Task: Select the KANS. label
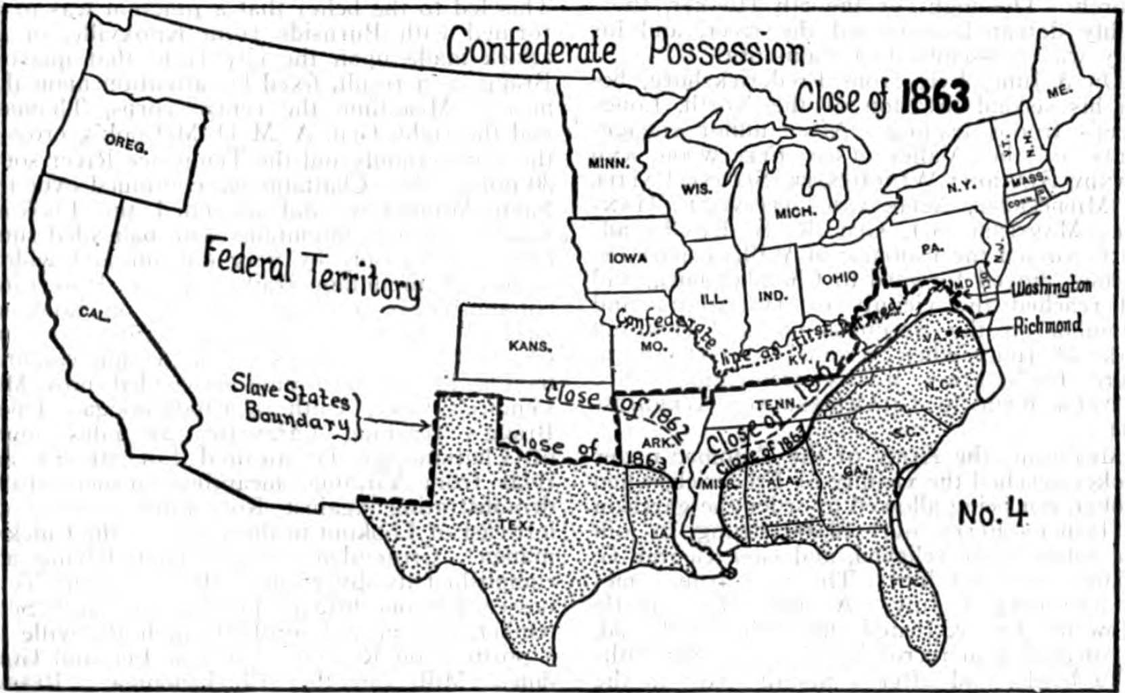tap(530, 346)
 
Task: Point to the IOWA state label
tap(628, 259)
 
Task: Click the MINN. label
tap(608, 163)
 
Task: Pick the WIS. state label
tap(695, 190)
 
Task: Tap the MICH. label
tap(795, 213)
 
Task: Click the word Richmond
tap(1047, 326)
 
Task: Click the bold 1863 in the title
tap(936, 99)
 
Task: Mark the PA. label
tap(932, 249)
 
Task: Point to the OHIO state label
tap(840, 278)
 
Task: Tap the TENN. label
tap(771, 405)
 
